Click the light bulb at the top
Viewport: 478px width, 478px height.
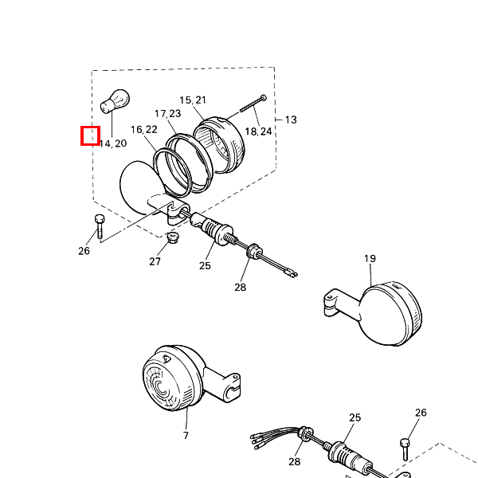click(x=115, y=101)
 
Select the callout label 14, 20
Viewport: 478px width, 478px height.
click(x=113, y=143)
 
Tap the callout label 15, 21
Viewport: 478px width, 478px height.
click(x=193, y=100)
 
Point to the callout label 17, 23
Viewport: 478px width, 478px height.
click(x=167, y=113)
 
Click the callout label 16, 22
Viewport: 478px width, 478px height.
click(x=144, y=130)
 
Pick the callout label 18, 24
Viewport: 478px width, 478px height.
click(x=258, y=131)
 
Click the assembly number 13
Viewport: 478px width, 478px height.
click(x=291, y=119)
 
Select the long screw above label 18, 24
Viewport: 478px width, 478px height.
click(x=253, y=104)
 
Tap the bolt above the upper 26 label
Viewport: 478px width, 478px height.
click(x=100, y=226)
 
